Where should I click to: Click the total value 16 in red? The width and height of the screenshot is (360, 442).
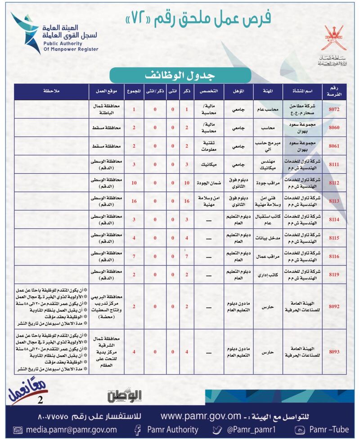134,201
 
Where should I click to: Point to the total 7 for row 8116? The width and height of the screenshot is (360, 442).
134,256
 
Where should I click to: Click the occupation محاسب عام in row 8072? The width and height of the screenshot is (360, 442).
267,109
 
